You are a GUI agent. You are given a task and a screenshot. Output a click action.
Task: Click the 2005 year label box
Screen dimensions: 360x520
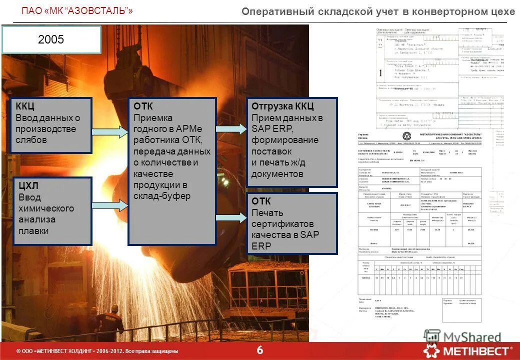[x=51, y=40]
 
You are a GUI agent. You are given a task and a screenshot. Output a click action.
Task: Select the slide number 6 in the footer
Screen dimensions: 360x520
[x=260, y=350]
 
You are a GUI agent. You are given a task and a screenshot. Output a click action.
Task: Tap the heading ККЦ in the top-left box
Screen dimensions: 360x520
[x=25, y=107]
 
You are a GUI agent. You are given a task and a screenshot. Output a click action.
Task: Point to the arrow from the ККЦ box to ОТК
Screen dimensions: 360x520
[x=110, y=132]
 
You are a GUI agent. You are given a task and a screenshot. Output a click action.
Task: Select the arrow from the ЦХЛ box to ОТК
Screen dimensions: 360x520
[x=110, y=205]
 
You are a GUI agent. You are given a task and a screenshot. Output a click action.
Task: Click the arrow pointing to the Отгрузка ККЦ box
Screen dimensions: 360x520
[x=231, y=128]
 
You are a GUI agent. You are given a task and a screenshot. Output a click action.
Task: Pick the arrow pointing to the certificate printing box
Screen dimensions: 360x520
[x=231, y=217]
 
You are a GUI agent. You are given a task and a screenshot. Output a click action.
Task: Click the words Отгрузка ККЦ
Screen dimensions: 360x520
[x=282, y=107]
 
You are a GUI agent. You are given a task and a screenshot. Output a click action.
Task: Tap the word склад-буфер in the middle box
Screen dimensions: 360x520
[x=162, y=196]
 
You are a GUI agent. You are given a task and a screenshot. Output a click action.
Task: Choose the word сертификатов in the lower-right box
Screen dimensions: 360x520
[x=282, y=223]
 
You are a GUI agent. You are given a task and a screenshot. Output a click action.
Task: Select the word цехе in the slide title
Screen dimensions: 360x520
[x=503, y=11]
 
